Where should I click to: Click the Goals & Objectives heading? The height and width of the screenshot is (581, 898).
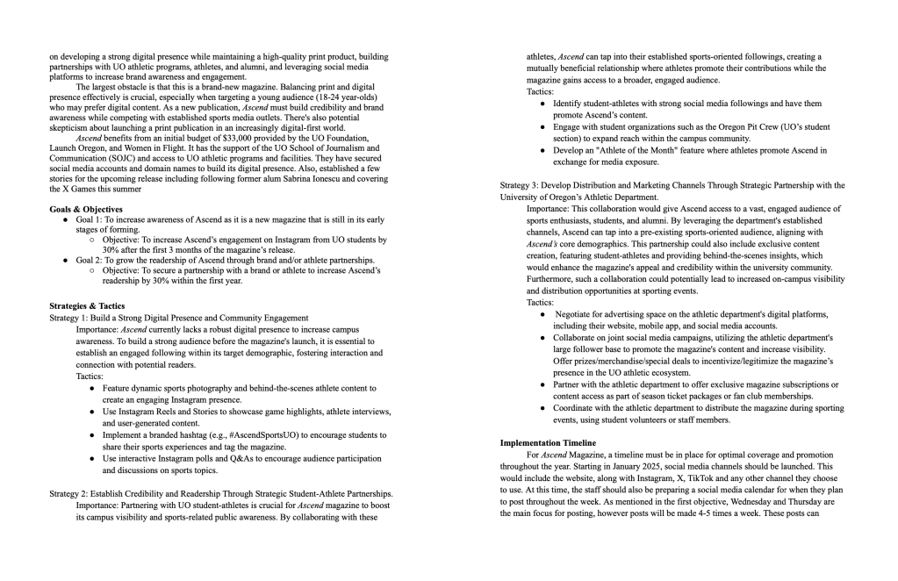pos(86,208)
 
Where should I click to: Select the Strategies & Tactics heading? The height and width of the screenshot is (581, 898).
pos(87,306)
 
